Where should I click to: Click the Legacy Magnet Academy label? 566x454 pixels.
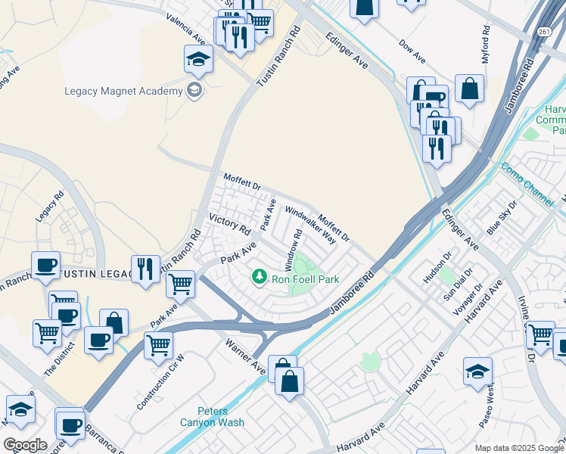pos(123,92)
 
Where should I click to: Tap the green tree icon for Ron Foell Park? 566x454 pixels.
pos(260,277)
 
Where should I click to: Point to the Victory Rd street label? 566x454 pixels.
pos(229,224)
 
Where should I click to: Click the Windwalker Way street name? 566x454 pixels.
pos(310,225)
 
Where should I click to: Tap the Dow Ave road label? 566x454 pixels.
pos(413,51)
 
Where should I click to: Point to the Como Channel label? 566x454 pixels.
pos(527,184)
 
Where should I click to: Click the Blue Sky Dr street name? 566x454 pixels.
pos(501,218)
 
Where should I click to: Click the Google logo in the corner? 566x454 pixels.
pos(25,444)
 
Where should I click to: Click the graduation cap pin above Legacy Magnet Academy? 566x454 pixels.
pos(198,58)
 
